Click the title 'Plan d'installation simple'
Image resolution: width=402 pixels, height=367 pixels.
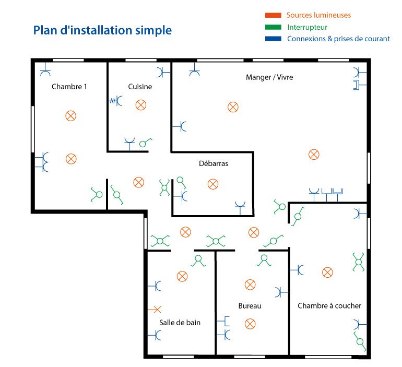tap(102, 30)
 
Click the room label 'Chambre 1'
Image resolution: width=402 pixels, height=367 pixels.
tap(69, 87)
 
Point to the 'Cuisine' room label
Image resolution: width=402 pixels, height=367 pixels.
tap(140, 87)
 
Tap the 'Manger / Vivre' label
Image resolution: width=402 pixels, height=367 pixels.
tap(269, 77)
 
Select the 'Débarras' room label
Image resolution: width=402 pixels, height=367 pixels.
tap(214, 163)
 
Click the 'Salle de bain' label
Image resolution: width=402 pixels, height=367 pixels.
tap(180, 322)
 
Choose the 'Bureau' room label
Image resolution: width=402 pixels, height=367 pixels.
tap(250, 306)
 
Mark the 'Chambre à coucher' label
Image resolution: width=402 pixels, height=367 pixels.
tap(329, 306)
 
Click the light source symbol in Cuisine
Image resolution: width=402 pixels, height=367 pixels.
tap(140, 105)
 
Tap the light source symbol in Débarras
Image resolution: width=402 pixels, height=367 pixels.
tap(212, 184)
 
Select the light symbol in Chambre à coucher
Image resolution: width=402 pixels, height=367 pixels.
tap(327, 272)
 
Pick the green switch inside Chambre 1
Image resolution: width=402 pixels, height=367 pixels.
tap(97, 194)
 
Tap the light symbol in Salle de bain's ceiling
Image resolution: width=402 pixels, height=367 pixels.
tap(182, 276)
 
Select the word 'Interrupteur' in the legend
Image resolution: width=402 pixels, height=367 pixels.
tap(307, 27)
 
